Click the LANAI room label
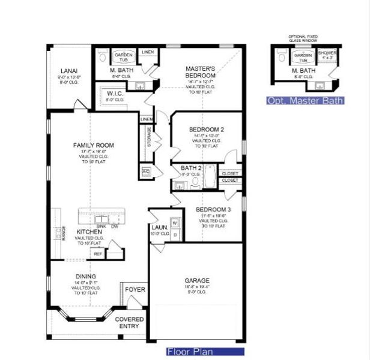[x=68, y=71]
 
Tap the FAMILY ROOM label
[x=93, y=145]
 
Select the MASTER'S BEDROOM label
[x=200, y=72]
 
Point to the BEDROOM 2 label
[x=207, y=130]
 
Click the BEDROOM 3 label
[x=213, y=210]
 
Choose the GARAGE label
[x=196, y=280]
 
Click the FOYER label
[x=135, y=290]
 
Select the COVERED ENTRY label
[x=129, y=323]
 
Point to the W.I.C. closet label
[x=115, y=94]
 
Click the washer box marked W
[x=175, y=223]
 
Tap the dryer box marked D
[x=175, y=234]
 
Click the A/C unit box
[x=145, y=172]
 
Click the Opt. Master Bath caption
[x=305, y=101]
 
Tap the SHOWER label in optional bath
[x=327, y=55]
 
